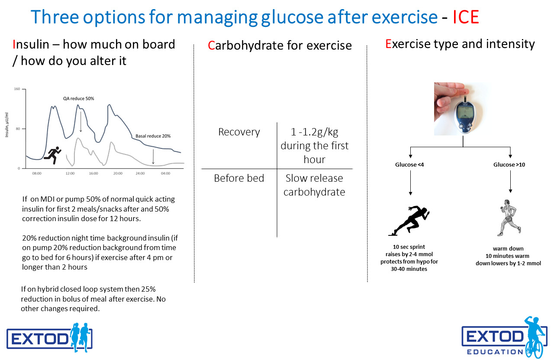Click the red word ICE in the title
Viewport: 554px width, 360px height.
click(x=466, y=17)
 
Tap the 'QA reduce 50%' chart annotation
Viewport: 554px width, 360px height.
click(x=78, y=98)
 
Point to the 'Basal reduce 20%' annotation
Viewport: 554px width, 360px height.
click(x=153, y=136)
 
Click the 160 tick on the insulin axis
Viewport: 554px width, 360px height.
click(x=17, y=89)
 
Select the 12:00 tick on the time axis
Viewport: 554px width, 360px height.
click(x=70, y=174)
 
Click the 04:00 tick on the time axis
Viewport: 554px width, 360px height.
click(x=165, y=174)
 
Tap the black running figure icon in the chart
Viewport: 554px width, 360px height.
click(x=52, y=155)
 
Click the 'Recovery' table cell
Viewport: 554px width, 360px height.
click(x=239, y=132)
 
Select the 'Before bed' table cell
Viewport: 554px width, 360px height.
click(x=239, y=178)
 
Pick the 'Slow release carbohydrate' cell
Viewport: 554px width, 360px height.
click(x=314, y=185)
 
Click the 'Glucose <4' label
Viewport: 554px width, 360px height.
click(x=409, y=165)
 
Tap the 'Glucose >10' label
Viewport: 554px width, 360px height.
click(x=509, y=165)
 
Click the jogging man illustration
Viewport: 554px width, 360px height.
click(x=509, y=218)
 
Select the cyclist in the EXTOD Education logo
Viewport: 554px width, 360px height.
click(x=535, y=337)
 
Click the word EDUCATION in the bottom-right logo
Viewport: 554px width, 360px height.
click(x=495, y=352)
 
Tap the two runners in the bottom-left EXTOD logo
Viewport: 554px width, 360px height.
click(x=80, y=337)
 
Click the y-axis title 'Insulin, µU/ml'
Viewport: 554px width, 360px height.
click(x=6, y=125)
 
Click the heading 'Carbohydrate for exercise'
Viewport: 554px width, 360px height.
click(x=280, y=45)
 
